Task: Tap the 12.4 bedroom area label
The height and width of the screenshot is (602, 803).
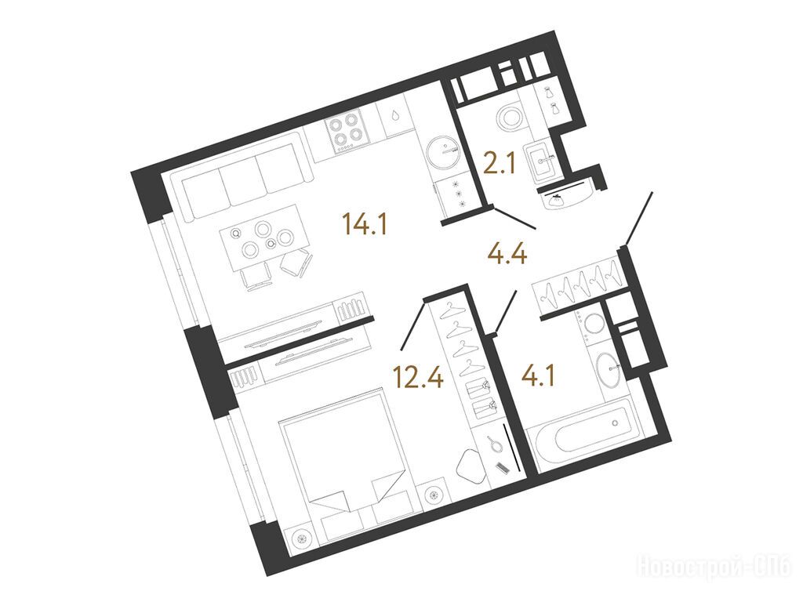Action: (417, 377)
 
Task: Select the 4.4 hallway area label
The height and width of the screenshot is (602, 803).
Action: (507, 253)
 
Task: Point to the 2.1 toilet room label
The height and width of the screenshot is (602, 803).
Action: (499, 165)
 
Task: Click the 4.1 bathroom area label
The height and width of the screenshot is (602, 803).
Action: (538, 377)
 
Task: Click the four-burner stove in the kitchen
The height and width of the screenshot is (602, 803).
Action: (345, 131)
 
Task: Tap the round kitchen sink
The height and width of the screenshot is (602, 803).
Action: (442, 151)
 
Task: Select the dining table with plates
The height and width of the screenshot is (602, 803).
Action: (263, 238)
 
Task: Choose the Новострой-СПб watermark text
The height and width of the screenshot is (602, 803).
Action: (714, 567)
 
